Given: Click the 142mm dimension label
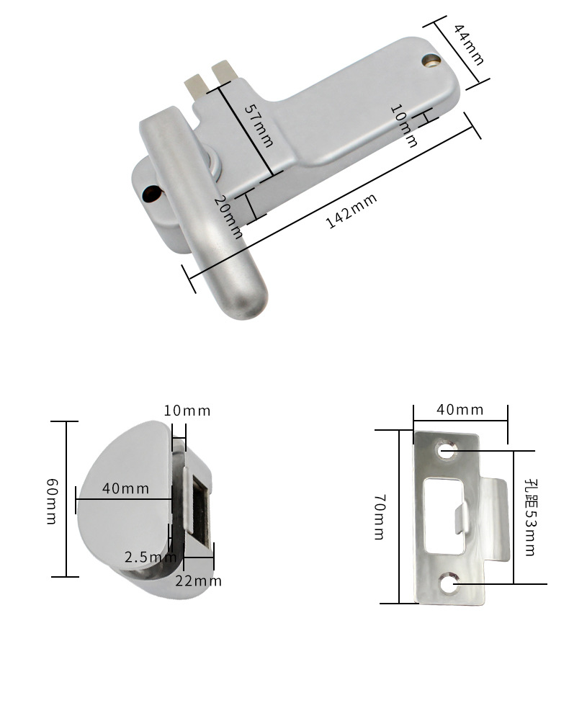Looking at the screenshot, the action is pyautogui.click(x=351, y=211).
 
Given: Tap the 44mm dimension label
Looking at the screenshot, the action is pyautogui.click(x=469, y=45).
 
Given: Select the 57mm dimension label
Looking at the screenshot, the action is pyautogui.click(x=259, y=126).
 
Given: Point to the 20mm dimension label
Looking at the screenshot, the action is pyautogui.click(x=228, y=217).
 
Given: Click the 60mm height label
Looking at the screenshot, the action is pyautogui.click(x=52, y=501).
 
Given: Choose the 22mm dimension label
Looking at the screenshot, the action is pyautogui.click(x=198, y=581).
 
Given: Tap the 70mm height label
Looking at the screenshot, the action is pyautogui.click(x=380, y=517).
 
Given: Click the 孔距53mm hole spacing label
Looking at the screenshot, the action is pyautogui.click(x=530, y=517).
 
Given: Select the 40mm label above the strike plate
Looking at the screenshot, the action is pyautogui.click(x=460, y=410).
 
